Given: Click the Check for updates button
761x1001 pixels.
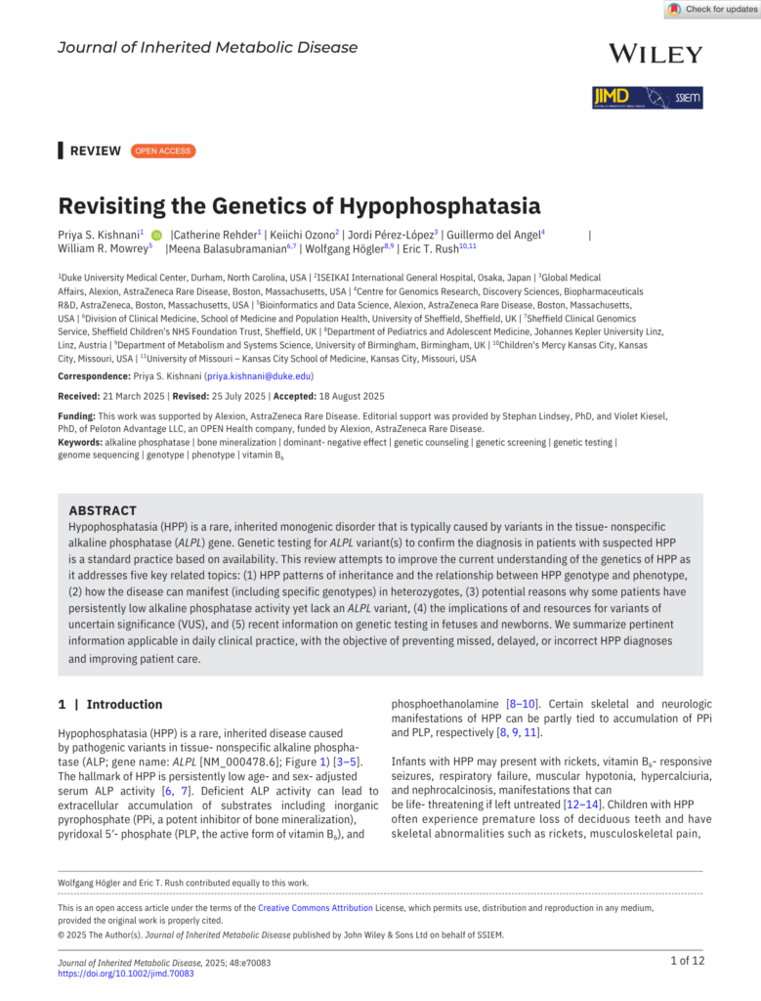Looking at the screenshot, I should click(x=711, y=10).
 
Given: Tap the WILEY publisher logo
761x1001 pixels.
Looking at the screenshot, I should click(x=655, y=54).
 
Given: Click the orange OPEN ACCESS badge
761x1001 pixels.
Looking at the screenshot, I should click(x=162, y=151).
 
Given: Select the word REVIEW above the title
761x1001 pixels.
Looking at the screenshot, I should click(x=96, y=151).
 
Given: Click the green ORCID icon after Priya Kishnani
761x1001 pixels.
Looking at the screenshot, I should click(x=156, y=235).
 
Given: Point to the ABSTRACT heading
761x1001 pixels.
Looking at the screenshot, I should click(x=103, y=510).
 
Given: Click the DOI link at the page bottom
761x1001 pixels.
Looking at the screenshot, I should click(x=125, y=974).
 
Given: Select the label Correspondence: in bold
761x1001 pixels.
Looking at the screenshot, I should click(x=96, y=375).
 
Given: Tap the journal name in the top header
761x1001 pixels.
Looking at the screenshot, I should click(x=207, y=48).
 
